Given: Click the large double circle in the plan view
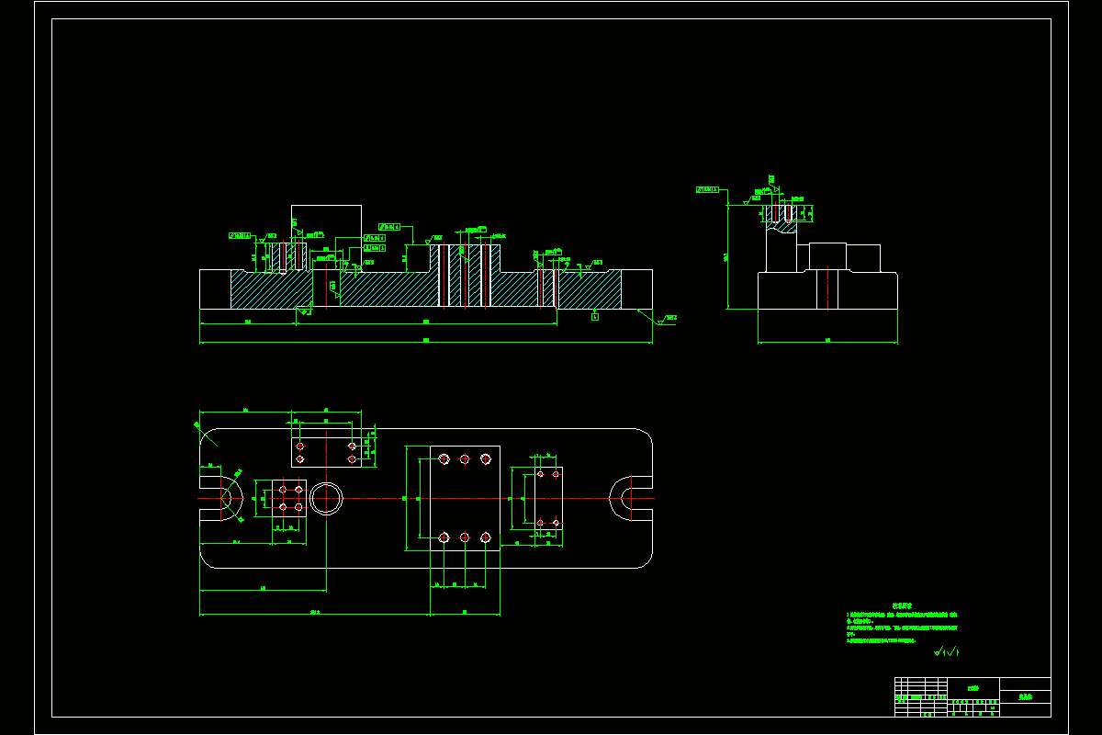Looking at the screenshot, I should coord(326,498).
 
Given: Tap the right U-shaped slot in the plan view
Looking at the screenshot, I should coord(630,498).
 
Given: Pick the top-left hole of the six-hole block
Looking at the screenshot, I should coord(444,459).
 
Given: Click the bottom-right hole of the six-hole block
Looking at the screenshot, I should coord(485,537).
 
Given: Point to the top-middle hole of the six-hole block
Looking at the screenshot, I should coord(465,459).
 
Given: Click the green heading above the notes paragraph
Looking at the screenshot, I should coord(901,606).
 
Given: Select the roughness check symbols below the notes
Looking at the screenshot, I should coord(946,652).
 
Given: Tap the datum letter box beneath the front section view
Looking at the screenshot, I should coord(595,317).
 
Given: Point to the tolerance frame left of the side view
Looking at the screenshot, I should coord(707,189).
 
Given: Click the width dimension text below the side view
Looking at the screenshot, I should coord(827,341).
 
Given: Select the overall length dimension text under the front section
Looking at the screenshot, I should coord(425,341).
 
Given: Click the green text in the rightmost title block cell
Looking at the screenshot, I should coord(1025,697).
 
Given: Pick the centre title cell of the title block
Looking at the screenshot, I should coord(973,687).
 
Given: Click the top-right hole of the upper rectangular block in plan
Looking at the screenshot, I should coord(352,446).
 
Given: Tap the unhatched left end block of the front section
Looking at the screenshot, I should coord(215,288).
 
